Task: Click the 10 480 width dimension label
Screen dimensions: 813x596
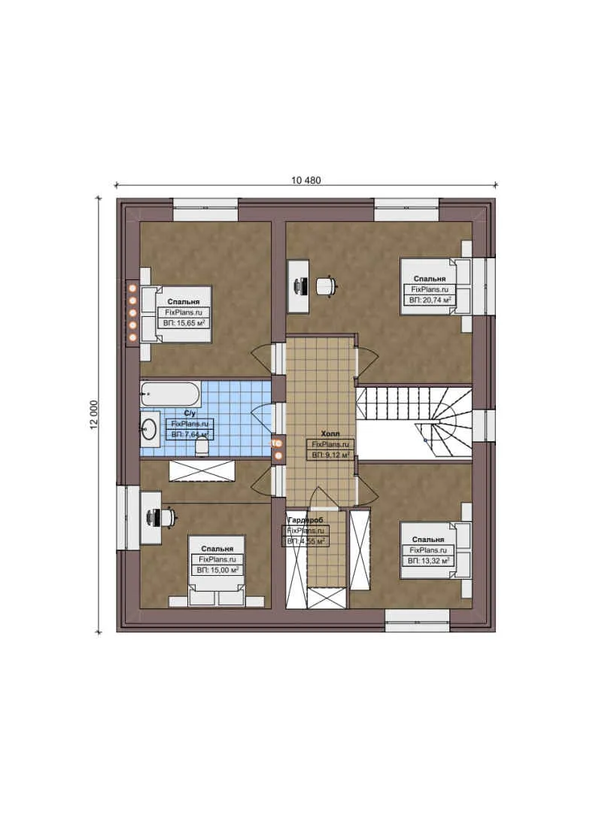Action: (306, 179)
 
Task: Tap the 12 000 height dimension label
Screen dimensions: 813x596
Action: (94, 415)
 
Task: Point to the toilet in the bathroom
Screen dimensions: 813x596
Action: (201, 447)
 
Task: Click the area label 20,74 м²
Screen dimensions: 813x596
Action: (430, 300)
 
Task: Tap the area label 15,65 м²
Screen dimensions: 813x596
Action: (184, 322)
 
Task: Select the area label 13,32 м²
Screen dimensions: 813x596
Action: (428, 561)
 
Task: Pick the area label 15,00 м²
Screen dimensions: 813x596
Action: (217, 571)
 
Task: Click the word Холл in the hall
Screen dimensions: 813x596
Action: (330, 434)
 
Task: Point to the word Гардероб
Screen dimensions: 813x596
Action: (304, 520)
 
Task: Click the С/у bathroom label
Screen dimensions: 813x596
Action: (191, 413)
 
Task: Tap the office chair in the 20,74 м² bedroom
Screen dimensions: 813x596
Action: (326, 286)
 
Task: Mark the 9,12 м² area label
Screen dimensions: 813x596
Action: (330, 455)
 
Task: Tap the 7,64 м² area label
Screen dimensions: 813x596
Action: (189, 434)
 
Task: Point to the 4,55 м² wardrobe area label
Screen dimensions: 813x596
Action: (306, 541)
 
